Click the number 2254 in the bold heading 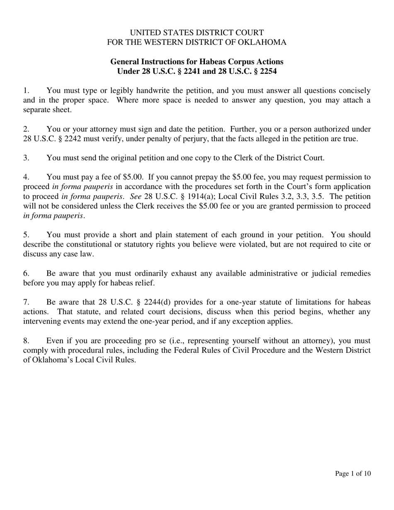point(268,71)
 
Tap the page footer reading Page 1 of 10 point(353,474)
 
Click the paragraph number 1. point(26,90)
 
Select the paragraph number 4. point(26,177)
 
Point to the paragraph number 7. point(26,302)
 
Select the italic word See point(136,196)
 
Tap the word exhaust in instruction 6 point(180,273)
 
